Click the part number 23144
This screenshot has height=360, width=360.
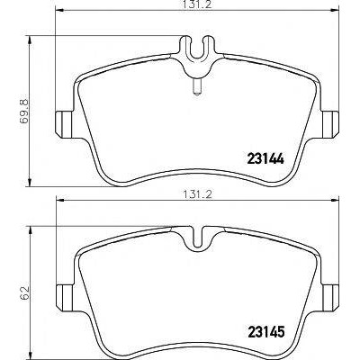265,158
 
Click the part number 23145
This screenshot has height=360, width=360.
265,331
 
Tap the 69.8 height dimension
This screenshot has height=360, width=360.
23,112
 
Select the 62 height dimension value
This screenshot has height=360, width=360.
25,292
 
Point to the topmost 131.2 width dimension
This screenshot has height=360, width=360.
197,5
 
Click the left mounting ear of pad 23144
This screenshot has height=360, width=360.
65,124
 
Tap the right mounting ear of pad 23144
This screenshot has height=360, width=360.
330,124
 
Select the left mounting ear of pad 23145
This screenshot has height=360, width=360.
65,297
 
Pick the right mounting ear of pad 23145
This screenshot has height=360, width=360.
330,297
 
